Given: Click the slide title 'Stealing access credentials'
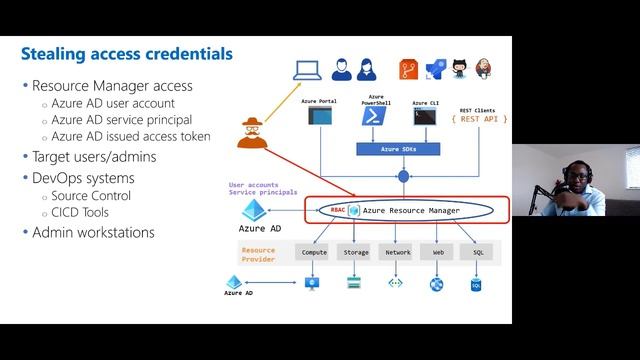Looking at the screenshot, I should (127, 53).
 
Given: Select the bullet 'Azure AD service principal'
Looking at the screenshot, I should (122, 120).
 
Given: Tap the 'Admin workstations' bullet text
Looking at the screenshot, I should (93, 232).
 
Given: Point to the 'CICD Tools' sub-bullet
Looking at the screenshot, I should (82, 213).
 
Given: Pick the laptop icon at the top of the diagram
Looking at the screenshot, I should (306, 70).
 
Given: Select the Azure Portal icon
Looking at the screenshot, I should (320, 117).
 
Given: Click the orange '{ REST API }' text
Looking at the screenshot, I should (479, 119).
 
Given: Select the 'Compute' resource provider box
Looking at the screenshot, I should (314, 252).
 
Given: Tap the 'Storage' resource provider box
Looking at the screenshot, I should (356, 252).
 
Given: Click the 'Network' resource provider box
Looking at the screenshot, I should (397, 252).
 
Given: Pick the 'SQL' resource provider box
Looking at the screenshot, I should (478, 252).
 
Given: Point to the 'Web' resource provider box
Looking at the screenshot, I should (437, 252).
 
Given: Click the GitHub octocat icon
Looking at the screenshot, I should (460, 69).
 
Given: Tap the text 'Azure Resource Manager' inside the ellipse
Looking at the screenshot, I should (411, 211).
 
